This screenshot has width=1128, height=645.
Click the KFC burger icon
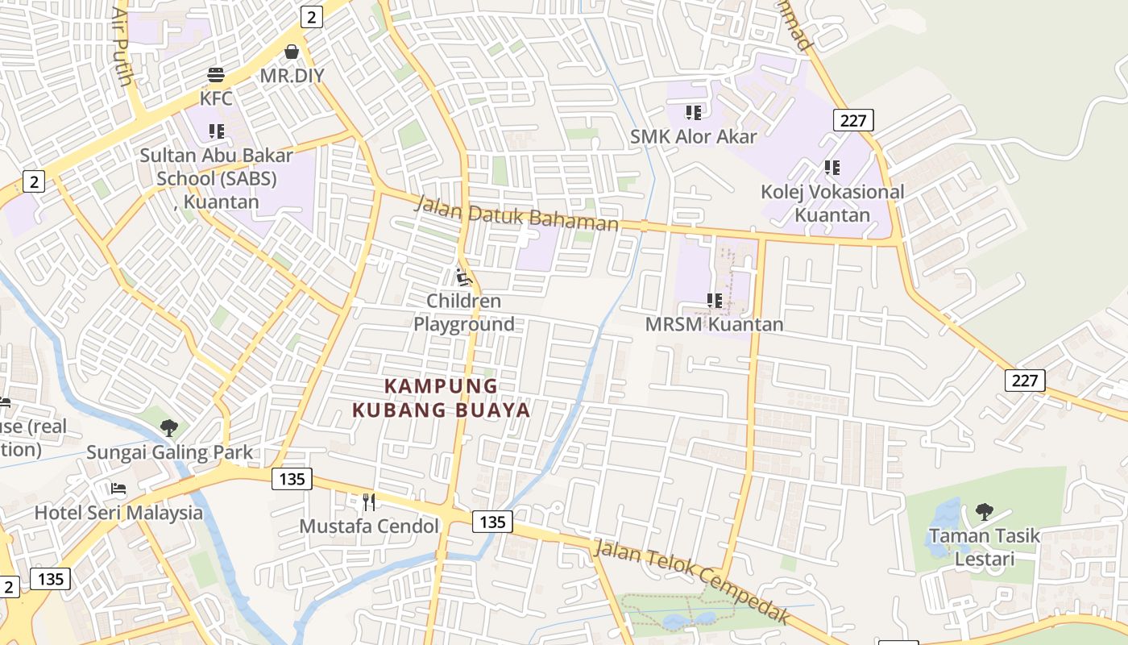coord(216,75)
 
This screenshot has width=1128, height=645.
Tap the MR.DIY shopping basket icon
coord(292,52)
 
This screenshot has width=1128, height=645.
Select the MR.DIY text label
coord(292,76)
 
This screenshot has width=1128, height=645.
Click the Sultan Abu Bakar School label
coord(216,177)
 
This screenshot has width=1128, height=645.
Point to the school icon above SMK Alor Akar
coord(693,113)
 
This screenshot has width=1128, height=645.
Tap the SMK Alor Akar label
coord(693,136)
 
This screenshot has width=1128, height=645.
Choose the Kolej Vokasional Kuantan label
coord(832,203)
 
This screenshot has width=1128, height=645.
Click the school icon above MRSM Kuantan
coord(714,301)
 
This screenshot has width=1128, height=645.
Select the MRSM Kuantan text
coord(714,324)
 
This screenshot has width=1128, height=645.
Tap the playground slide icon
coord(463,277)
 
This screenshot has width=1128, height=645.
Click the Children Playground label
coord(463,312)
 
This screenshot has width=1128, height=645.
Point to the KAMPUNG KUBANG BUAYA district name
coord(442,397)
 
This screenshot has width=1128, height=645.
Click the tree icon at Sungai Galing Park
coord(169,428)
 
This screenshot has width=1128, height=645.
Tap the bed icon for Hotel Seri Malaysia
coord(118,489)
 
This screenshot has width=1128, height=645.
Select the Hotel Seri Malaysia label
coord(118,512)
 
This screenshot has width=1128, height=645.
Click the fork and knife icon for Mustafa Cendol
coord(369,502)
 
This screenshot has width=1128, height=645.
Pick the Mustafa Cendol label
coord(369,526)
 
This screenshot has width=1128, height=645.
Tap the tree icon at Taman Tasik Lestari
coord(984,511)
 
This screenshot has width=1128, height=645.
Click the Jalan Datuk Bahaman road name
coord(516,213)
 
